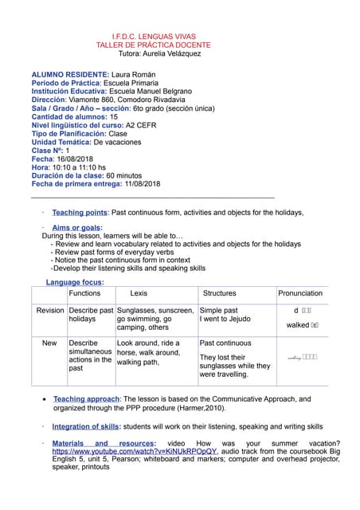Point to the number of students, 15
[114, 117]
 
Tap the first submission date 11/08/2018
[143, 184]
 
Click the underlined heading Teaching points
[80, 213]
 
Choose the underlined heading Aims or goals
[77, 228]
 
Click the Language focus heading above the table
[75, 283]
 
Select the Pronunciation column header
[300, 294]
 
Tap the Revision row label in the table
[50, 310]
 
